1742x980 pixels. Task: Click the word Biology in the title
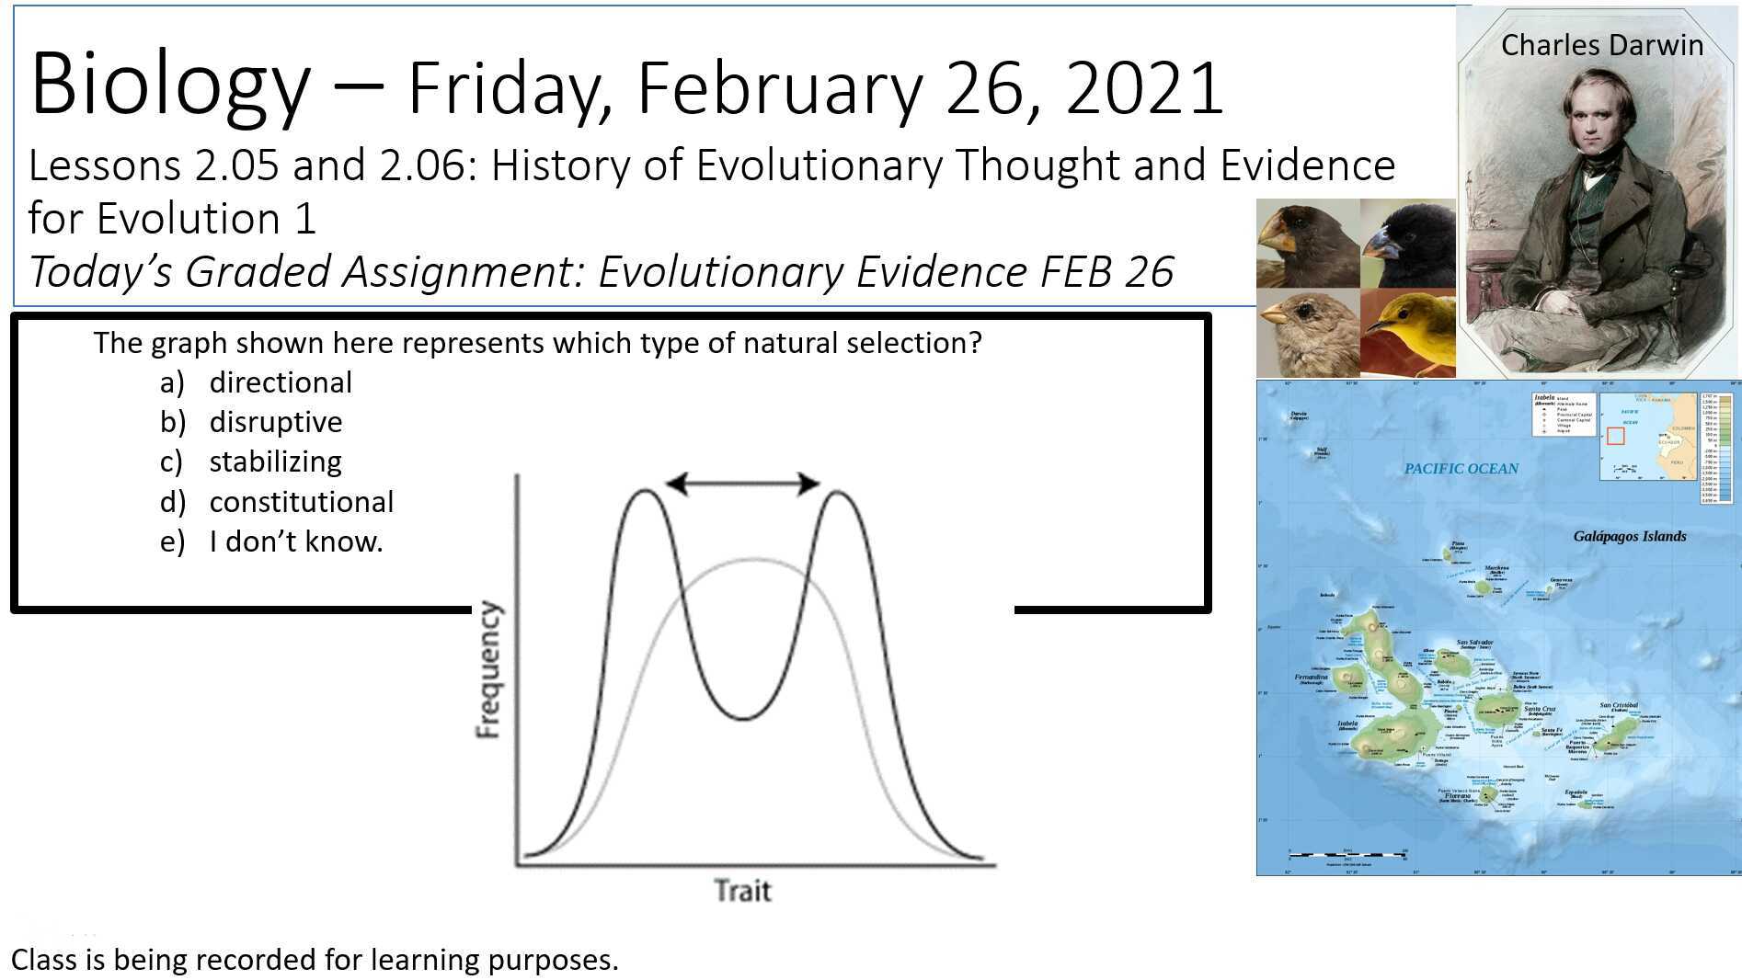[x=170, y=85]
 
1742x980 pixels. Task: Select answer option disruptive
[x=275, y=422]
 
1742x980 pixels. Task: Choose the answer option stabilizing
[x=275, y=462]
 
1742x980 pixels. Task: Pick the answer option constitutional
[x=301, y=502]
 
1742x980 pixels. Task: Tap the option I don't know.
[x=295, y=541]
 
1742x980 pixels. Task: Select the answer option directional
[x=281, y=382]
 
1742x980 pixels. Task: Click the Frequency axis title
[x=488, y=669]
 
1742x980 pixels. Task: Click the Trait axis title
[x=742, y=890]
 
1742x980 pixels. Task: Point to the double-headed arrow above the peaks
[x=741, y=484]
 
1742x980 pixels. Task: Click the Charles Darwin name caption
[x=1601, y=45]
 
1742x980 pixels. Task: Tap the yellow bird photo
[x=1407, y=333]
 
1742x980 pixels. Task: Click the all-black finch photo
[x=1407, y=243]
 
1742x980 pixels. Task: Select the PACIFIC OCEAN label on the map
[x=1461, y=469]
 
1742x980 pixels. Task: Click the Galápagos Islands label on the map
[x=1629, y=536]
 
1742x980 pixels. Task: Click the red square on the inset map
[x=1615, y=436]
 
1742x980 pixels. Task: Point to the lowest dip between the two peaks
[x=742, y=718]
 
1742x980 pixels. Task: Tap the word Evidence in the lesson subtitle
[x=1307, y=166]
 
